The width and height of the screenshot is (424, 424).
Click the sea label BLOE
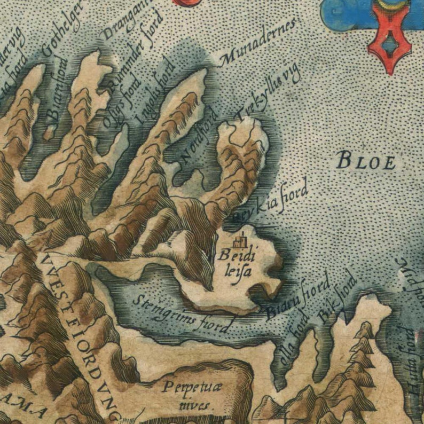pyautogui.click(x=367, y=160)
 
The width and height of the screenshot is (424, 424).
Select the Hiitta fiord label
pyautogui.click(x=412, y=368)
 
